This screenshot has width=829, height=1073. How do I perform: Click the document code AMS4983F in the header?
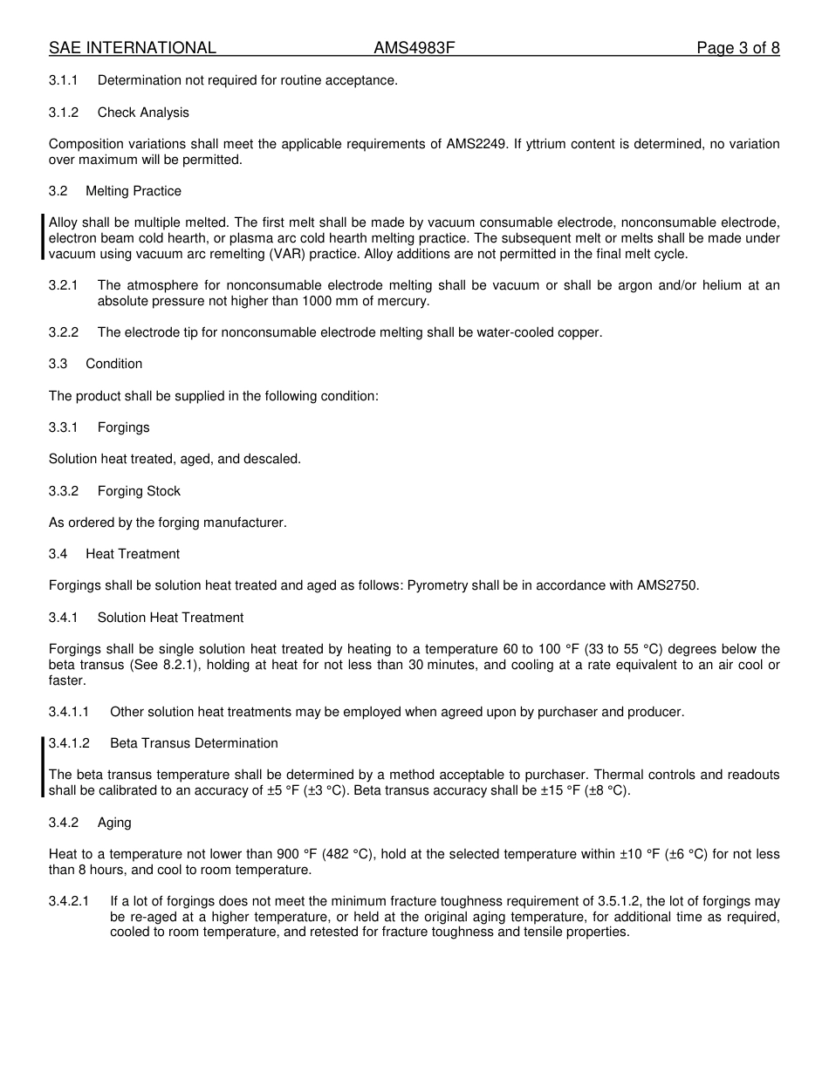(x=414, y=48)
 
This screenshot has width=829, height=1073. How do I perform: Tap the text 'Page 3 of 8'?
(x=737, y=48)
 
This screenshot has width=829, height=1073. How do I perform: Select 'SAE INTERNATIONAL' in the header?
(x=132, y=48)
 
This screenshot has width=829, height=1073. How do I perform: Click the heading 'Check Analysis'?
(x=143, y=113)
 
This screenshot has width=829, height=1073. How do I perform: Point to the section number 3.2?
(x=58, y=191)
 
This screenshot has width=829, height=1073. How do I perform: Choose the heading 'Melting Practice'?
(x=134, y=191)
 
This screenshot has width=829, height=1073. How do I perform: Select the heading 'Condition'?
(x=113, y=364)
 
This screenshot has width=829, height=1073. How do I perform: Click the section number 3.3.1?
(x=64, y=427)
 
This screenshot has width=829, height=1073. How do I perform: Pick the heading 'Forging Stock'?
(x=139, y=491)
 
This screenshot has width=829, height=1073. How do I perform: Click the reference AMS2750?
(x=669, y=585)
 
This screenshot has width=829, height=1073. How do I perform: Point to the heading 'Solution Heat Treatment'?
(x=170, y=618)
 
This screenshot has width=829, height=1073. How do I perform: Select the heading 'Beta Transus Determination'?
(x=194, y=743)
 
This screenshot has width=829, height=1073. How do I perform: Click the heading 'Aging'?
(x=114, y=823)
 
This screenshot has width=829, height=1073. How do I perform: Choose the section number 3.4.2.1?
(x=69, y=901)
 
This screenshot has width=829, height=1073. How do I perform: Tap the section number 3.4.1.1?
(x=69, y=712)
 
